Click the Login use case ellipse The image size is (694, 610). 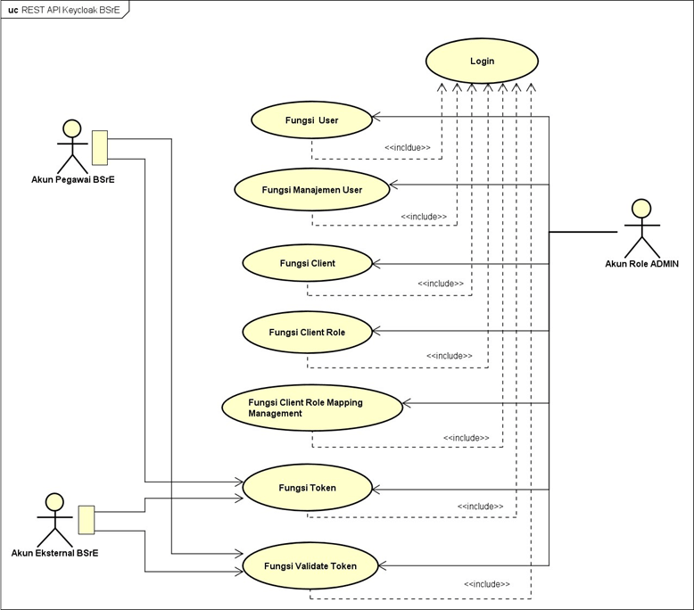[482, 62]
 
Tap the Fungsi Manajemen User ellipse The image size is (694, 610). [311, 189]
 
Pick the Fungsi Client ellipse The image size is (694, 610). [307, 263]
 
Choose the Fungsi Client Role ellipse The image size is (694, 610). [307, 332]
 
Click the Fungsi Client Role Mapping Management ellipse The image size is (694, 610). [311, 408]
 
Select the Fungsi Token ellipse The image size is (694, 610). [307, 488]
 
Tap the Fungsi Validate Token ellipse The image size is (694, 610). [310, 566]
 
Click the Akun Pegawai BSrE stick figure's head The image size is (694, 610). [71, 128]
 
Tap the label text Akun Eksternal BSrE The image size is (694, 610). [55, 554]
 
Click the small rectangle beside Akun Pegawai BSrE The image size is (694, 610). [99, 147]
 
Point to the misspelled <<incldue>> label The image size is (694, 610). [408, 148]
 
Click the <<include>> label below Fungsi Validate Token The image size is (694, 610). [486, 584]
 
